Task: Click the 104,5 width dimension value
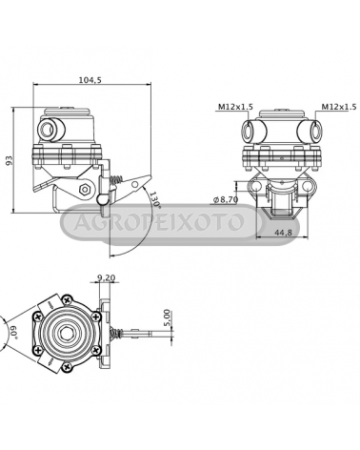tap(90, 80)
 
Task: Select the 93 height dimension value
tap(10, 160)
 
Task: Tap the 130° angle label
tap(155, 199)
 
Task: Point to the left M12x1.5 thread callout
tap(235, 107)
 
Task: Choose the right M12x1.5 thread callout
tap(339, 107)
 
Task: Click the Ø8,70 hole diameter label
tap(226, 199)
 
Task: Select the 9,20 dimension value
tap(107, 278)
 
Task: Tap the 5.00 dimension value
tap(168, 317)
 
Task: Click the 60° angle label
tap(12, 333)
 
